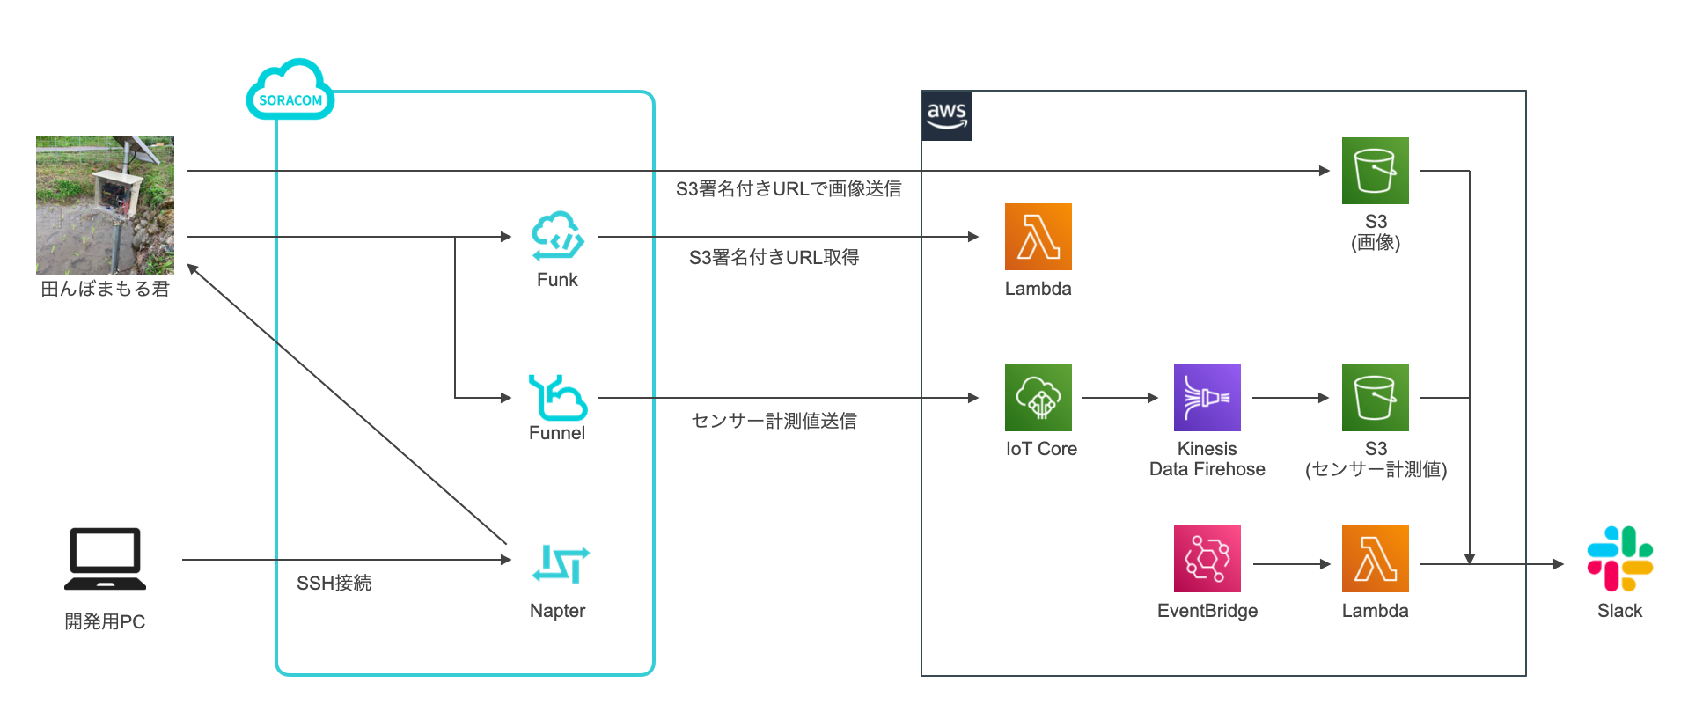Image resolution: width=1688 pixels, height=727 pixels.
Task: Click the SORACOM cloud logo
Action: coord(290,91)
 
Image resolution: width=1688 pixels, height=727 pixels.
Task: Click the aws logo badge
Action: coord(946,115)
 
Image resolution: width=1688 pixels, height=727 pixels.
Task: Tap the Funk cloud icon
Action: coord(557,236)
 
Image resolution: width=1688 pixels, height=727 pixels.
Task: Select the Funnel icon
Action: coord(557,397)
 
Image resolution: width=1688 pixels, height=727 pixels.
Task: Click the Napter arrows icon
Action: coord(560,564)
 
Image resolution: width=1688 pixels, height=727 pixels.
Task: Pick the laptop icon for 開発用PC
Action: coord(105,559)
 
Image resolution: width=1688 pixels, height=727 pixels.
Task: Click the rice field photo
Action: coord(105,205)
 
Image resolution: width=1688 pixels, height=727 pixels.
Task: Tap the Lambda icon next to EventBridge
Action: coord(1375,559)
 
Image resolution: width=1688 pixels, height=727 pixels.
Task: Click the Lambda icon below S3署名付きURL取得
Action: coord(1038,237)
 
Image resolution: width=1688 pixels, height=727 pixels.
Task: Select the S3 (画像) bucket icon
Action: coord(1375,171)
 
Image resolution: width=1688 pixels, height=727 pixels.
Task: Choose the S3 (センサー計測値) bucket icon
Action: coord(1375,398)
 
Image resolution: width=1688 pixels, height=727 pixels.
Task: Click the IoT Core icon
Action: coord(1038,398)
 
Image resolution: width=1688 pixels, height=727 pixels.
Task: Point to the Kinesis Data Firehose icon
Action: coord(1207,398)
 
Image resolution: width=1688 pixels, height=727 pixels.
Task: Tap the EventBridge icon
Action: coord(1207,559)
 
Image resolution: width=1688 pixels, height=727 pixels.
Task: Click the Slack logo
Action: coord(1619,559)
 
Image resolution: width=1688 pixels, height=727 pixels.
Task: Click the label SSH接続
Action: coord(334,583)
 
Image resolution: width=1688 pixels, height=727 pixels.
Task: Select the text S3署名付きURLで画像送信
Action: coord(788,188)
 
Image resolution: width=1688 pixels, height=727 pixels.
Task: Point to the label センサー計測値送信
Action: coord(774,421)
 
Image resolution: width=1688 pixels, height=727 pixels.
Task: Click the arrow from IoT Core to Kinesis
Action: coord(1119,398)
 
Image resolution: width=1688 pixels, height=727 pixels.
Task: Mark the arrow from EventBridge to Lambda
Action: coord(1291,563)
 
